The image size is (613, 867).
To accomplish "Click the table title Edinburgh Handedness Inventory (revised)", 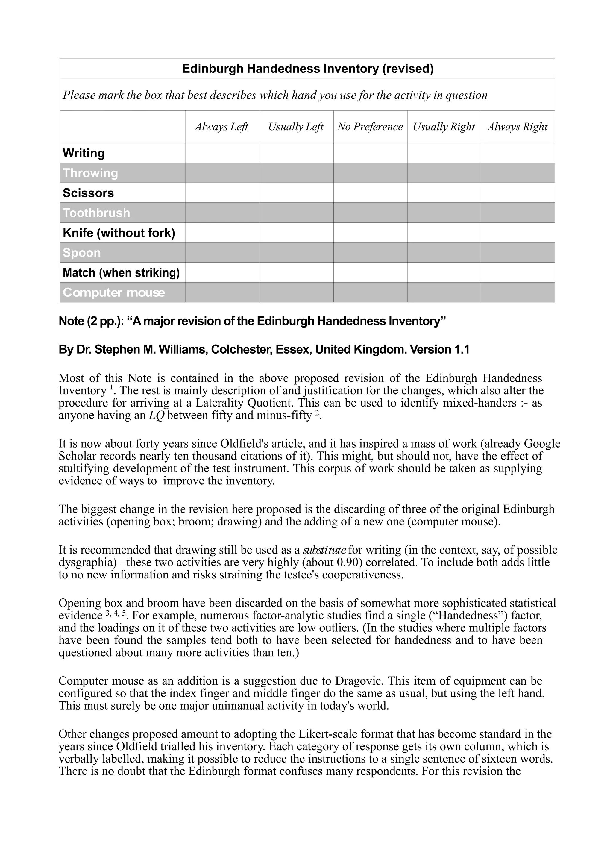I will point(307,69).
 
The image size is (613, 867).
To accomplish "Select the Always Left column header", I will point(221,127).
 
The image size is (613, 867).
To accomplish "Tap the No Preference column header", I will point(370,127).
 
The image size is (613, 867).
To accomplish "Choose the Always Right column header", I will point(518,127).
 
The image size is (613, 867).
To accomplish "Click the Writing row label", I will point(84,153).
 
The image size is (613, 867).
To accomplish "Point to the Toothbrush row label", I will point(96,213).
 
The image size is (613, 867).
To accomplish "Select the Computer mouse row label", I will point(114,293).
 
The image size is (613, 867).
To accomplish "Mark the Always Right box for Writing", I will point(518,153).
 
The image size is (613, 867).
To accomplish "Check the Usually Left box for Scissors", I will point(296,193).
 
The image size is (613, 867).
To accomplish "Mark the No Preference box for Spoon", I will point(370,253).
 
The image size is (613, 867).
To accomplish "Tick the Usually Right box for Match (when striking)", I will point(444,273).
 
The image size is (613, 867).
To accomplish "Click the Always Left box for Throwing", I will point(221,173).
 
